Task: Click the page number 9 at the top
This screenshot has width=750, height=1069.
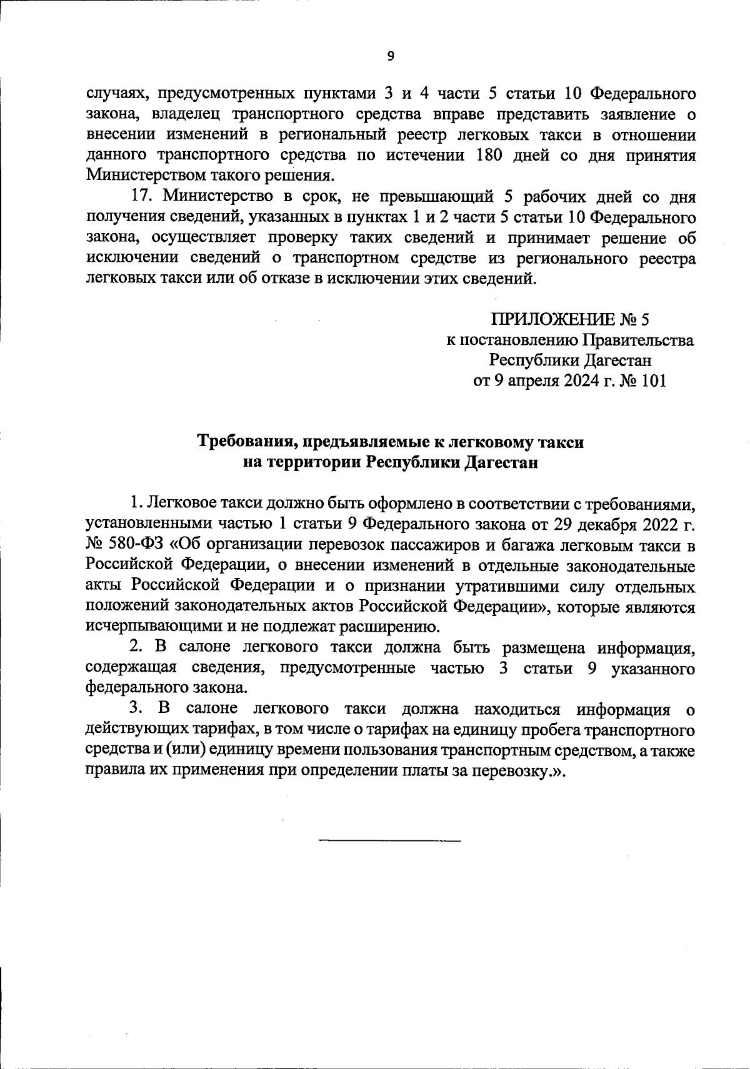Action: pyautogui.click(x=391, y=56)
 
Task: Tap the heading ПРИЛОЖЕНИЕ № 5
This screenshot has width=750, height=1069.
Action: pyautogui.click(x=571, y=320)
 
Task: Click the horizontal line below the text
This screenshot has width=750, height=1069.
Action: pyautogui.click(x=389, y=840)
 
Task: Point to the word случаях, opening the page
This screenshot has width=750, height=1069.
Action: pyautogui.click(x=113, y=95)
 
